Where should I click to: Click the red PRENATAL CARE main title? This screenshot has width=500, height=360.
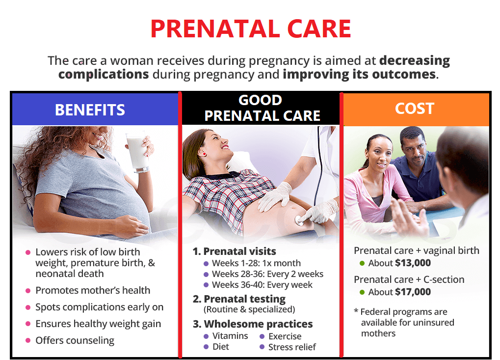[251, 28]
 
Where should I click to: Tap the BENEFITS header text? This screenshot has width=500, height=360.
[90, 110]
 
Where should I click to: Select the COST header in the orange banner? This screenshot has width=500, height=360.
[415, 109]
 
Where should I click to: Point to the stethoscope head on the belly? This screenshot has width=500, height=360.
[300, 220]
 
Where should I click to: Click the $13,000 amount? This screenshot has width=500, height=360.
[413, 263]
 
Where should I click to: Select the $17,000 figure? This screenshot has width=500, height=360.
[413, 292]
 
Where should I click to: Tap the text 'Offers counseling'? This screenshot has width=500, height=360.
[75, 340]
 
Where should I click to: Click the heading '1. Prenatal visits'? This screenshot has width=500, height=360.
[235, 251]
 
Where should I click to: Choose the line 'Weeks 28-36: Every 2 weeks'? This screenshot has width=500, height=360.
[267, 274]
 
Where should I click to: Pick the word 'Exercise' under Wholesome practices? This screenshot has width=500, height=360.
[285, 336]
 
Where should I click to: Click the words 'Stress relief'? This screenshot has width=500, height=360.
[292, 347]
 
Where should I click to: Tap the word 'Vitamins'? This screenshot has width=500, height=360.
[230, 336]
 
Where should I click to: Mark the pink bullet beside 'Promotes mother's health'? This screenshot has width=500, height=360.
[28, 291]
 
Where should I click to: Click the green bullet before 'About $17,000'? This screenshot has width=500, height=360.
[362, 292]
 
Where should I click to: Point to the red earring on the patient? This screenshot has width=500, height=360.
[204, 154]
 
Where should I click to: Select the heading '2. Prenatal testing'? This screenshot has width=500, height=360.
[239, 299]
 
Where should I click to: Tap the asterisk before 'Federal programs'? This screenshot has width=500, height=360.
[356, 311]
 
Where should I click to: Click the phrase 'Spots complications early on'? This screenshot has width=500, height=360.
[100, 307]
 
